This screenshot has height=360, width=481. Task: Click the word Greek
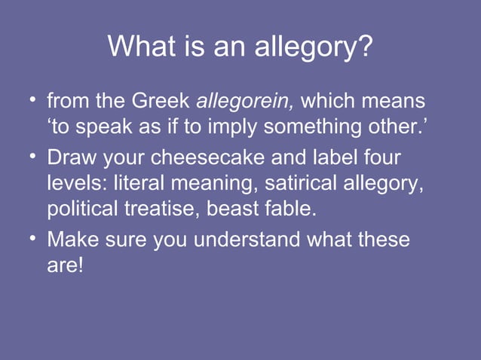(162, 100)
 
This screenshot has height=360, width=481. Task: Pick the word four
(380, 160)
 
